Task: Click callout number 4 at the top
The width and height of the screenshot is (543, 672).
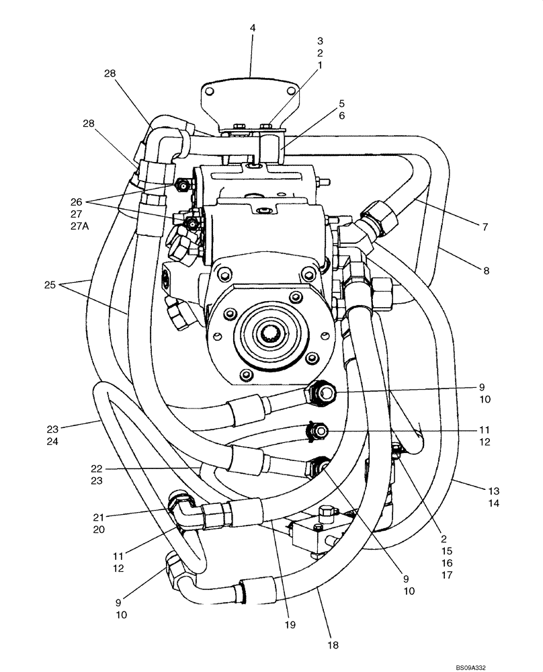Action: [x=253, y=28]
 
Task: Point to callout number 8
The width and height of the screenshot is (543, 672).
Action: [x=485, y=271]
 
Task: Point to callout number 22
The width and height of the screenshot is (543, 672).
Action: [x=99, y=468]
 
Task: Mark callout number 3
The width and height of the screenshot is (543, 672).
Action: [x=320, y=41]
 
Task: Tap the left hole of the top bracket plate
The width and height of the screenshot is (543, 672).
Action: [x=210, y=93]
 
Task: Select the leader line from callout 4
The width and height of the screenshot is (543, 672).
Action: [x=251, y=57]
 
